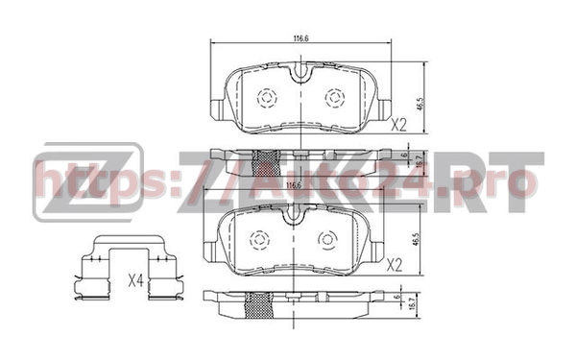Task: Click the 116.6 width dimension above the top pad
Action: [300, 38]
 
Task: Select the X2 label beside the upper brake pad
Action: [399, 123]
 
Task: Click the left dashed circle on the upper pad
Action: [266, 98]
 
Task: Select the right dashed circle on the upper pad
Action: [335, 98]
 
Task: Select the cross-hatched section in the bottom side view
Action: [258, 304]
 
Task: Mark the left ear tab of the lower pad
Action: [212, 251]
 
